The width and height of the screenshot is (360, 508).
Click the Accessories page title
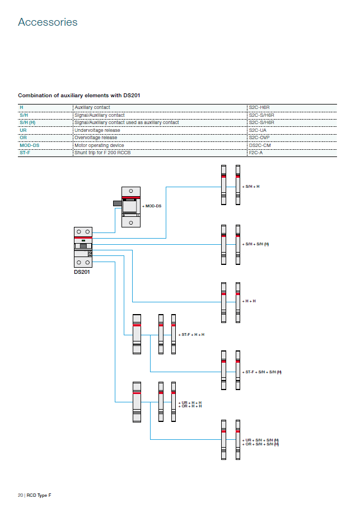click(48, 22)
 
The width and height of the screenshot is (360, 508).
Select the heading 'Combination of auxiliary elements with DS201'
click(79, 96)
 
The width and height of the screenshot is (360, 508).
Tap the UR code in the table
click(23, 130)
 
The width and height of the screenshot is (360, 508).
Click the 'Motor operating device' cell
click(96, 145)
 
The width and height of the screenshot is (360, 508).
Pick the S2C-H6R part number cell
click(261, 107)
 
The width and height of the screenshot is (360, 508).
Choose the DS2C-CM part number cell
click(260, 145)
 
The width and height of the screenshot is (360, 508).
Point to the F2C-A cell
click(256, 153)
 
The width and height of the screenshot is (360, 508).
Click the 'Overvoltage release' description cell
click(96, 137)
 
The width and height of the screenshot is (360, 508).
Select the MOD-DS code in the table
click(30, 145)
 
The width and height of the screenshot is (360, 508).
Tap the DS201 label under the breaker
click(82, 272)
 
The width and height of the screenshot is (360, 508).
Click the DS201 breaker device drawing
click(83, 247)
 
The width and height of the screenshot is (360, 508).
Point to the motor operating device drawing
click(130, 206)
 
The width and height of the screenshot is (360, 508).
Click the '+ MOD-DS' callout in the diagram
click(152, 206)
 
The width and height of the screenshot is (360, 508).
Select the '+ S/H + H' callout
click(251, 186)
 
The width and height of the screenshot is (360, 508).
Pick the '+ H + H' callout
click(250, 301)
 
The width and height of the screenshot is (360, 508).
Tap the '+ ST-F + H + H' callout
click(191, 334)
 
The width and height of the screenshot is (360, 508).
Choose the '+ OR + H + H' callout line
click(190, 406)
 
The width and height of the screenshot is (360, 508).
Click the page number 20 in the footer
click(20, 495)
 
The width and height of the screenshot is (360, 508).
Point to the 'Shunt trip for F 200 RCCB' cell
click(100, 153)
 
